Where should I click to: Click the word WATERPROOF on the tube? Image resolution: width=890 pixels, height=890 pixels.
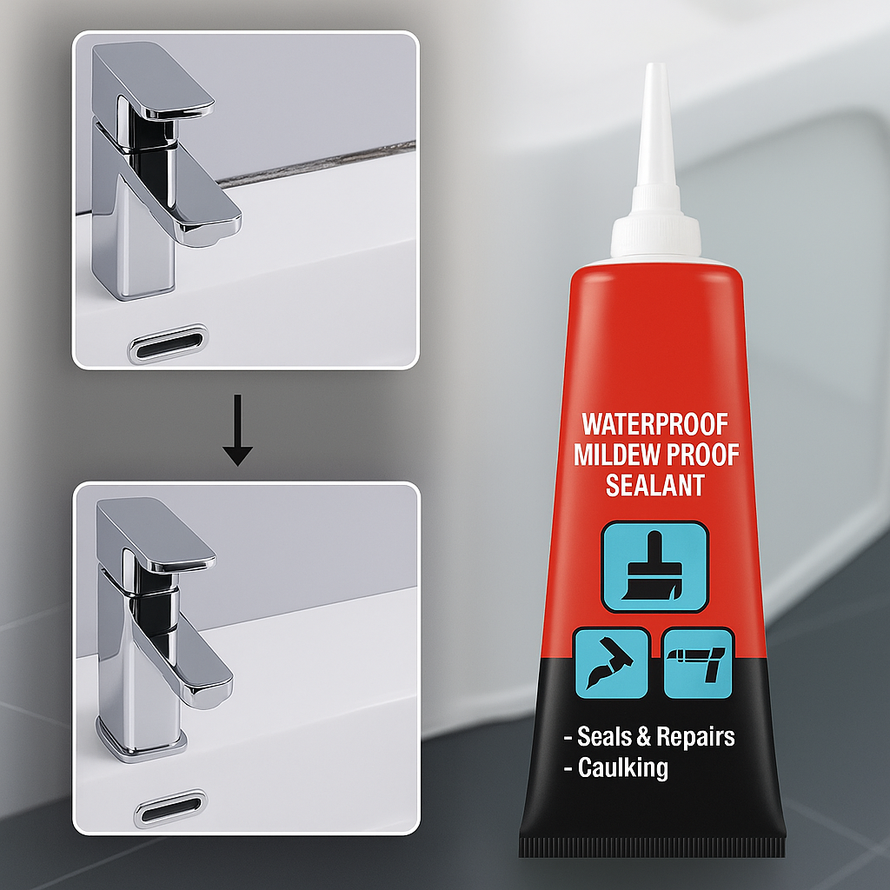655,424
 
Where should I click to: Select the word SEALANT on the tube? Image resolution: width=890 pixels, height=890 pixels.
655,485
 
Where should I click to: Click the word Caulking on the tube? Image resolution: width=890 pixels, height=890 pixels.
622,768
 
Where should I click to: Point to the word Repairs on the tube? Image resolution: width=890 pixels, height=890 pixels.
695,737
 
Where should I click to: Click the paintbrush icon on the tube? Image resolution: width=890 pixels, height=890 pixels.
654,567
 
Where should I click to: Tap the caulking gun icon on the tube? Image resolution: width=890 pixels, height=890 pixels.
698,662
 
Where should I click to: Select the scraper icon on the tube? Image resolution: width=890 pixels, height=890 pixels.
611,662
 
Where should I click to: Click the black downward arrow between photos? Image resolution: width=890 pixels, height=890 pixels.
237,430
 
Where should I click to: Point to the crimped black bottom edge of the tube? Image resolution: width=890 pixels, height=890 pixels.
652,847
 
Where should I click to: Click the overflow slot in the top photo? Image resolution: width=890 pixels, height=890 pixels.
169,343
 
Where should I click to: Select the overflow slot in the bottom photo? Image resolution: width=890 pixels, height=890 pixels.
171,808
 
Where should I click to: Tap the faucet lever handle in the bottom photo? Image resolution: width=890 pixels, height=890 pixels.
156,535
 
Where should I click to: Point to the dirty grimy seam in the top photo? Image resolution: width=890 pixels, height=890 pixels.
315,164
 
